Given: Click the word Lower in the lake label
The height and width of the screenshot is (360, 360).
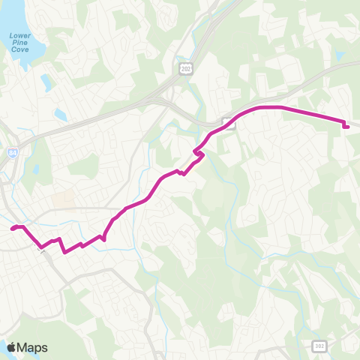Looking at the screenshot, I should point(19,35).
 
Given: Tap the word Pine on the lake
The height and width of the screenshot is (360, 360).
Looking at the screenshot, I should point(19,43).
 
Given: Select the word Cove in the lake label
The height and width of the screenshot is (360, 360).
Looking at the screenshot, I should point(19,50).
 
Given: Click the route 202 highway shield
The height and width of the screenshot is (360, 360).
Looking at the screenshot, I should point(185,69).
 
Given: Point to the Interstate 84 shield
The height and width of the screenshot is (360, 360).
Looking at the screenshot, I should point(13,152).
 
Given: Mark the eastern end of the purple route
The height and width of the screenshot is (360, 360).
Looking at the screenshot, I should point(346,127).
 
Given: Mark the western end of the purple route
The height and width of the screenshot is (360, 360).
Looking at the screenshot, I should point(13,228).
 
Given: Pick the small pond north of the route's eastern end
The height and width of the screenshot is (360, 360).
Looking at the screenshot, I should point(340,55).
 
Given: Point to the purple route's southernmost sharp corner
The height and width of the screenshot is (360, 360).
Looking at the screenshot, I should point(66,252).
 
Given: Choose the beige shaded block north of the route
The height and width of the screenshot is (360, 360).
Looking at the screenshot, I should point(64,199).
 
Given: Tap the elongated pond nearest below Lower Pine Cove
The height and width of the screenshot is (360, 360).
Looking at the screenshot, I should point(46,81).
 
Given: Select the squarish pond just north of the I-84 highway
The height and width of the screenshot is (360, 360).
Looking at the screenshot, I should point(61,115).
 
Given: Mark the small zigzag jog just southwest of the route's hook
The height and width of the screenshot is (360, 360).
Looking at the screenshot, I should point(182,173).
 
